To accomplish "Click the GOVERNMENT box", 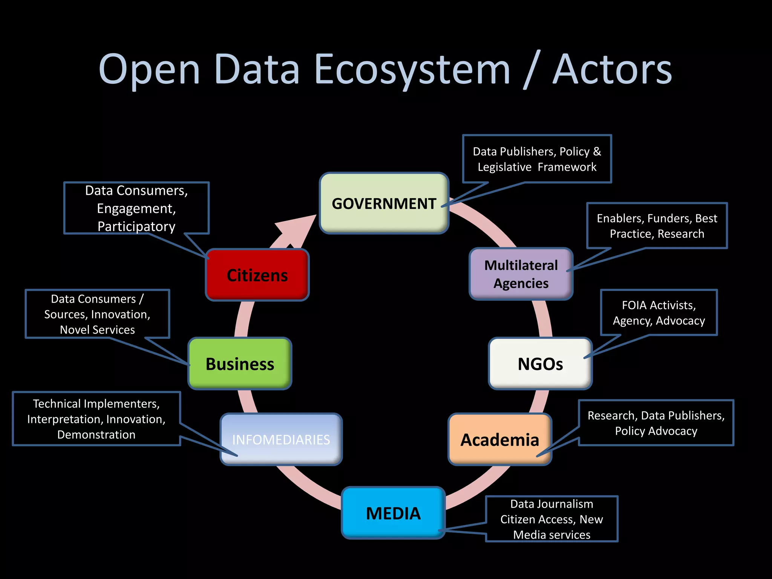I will click(x=384, y=203).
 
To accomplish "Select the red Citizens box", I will click(x=257, y=275).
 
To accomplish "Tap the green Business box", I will click(x=240, y=364).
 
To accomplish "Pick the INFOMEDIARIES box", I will click(x=281, y=439).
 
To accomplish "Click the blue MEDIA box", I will click(x=393, y=513).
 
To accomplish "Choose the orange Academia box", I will click(x=500, y=440).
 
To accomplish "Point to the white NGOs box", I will click(x=540, y=364).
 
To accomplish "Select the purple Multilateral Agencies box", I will click(x=521, y=274).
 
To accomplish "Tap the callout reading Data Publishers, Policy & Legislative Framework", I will click(x=537, y=159).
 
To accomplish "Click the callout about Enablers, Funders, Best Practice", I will click(x=657, y=225).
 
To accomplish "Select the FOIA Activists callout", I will click(x=659, y=312).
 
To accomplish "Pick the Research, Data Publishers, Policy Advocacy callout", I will click(x=656, y=423).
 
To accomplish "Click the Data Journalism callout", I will click(x=551, y=519).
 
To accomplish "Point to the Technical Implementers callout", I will click(x=96, y=419).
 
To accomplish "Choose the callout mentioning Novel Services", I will click(x=97, y=314).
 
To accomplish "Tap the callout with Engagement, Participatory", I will click(x=136, y=208).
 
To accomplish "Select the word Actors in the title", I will click(x=612, y=70).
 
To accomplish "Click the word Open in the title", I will click(x=149, y=70).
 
